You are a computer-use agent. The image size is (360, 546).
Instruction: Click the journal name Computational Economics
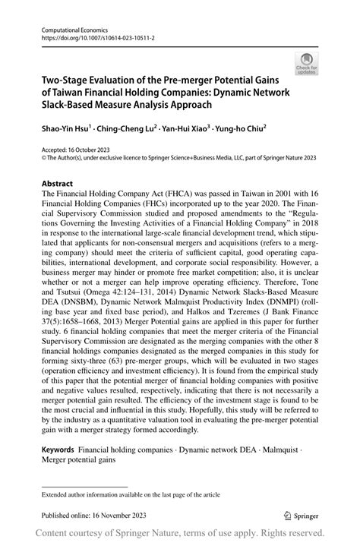tap(70, 27)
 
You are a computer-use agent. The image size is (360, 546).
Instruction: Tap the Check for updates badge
tap(308, 65)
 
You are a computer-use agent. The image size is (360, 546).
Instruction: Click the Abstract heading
tap(58, 184)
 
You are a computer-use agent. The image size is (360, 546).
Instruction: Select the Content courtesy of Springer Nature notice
tap(180, 535)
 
